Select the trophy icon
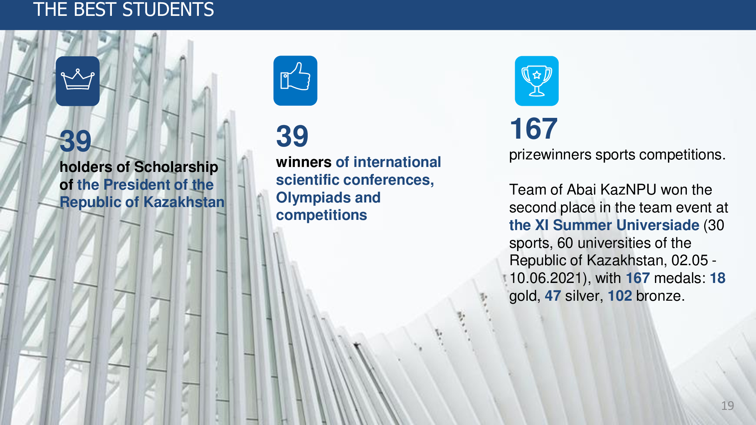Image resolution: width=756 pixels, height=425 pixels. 536,81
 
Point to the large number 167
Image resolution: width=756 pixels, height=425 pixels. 534,128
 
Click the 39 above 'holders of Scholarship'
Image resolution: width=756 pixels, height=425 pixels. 76,141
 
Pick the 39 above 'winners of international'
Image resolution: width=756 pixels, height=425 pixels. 292,136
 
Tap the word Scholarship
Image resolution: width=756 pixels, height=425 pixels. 176,167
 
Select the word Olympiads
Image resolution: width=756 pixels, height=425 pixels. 314,198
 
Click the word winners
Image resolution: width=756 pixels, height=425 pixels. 304,162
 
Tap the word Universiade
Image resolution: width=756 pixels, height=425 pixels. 658,225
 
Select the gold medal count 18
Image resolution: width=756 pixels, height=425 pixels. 717,278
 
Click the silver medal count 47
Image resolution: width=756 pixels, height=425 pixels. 553,296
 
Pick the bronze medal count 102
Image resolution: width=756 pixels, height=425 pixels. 620,296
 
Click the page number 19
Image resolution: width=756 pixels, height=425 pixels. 727,406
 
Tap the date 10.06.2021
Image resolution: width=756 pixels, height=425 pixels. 545,278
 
